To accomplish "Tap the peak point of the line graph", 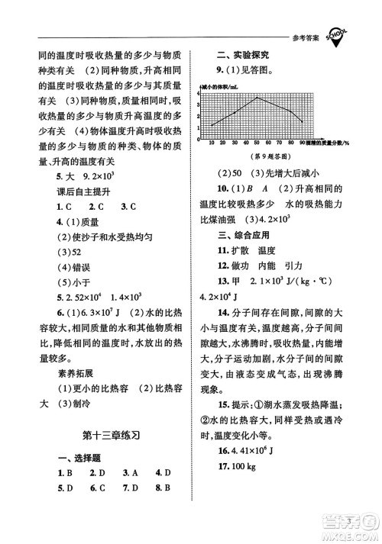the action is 257,98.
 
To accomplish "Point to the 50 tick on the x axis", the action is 257,143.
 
